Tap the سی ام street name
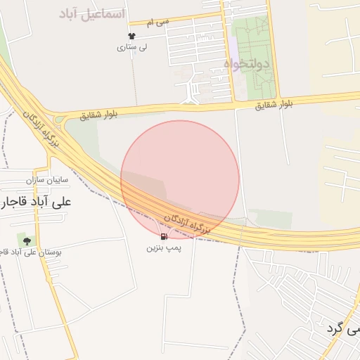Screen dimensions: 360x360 (159, 22)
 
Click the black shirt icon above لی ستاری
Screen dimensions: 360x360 (131, 36)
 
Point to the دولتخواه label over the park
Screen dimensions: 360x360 (247, 64)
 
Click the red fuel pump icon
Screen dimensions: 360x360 (164, 237)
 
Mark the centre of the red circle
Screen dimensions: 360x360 (180, 179)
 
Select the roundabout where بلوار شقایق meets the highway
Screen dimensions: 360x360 (58, 121)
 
